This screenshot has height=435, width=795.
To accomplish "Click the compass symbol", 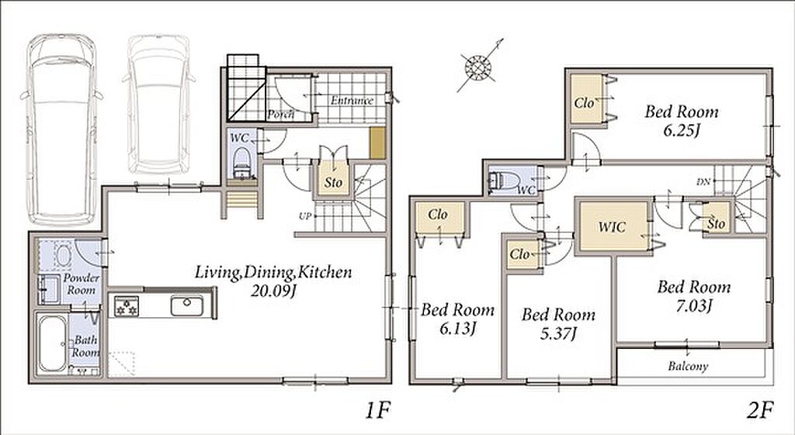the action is click(478, 67).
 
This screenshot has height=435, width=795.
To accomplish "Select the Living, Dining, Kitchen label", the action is click(273, 272).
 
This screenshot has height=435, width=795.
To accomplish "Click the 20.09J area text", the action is click(273, 292).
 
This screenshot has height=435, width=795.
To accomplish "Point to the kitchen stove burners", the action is click(126, 306).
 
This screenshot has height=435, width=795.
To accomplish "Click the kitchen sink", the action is click(186, 306).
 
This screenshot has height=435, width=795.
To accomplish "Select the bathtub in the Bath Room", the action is click(52, 344).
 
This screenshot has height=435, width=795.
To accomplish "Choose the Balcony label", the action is click(688, 366).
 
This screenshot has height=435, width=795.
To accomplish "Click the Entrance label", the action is click(352, 100).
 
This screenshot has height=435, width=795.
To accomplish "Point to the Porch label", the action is click(280, 115).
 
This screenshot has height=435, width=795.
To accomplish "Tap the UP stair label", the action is click(304, 216).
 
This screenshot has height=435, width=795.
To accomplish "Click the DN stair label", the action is click(703, 181).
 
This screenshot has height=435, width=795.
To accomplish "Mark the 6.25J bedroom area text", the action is click(682, 131).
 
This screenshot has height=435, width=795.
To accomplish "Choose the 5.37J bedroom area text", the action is click(559, 333).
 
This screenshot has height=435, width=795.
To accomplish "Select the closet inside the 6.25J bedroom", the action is click(586, 98).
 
